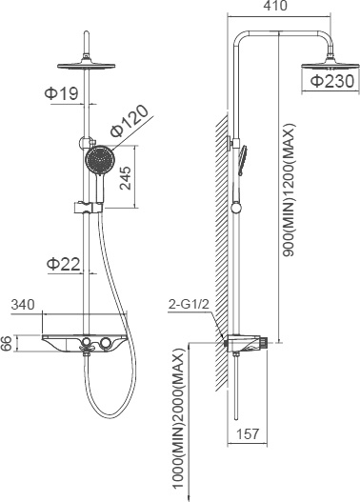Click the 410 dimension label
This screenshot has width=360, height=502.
[x=275, y=6]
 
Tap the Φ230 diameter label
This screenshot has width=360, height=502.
[x=332, y=81]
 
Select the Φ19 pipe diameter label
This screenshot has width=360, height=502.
[x=61, y=93]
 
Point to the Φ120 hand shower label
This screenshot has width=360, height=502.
[x=130, y=121]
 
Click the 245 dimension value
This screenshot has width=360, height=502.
[x=126, y=178]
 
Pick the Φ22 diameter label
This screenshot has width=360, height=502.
[x=64, y=265]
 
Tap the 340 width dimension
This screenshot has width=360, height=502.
[x=23, y=305]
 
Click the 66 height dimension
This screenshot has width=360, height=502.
[x=6, y=343]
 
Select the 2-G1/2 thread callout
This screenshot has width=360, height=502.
[x=189, y=304]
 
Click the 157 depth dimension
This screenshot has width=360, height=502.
[x=247, y=433]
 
